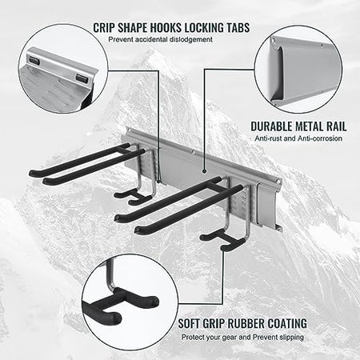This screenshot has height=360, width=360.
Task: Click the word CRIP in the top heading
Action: coord(104,28)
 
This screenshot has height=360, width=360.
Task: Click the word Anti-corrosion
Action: coord(320,138)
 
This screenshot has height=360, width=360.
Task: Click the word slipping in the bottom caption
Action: coord(292,338)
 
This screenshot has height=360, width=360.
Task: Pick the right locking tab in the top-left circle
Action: coord(82,78)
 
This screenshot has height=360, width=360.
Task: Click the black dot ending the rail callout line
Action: coord(204,171)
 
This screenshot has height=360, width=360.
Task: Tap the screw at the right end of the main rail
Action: coord(278,182)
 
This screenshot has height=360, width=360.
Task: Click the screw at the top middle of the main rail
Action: coord(194,152)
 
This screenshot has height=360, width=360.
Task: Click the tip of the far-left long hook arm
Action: coord(33,174)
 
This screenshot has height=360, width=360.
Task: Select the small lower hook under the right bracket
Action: coord(223,240)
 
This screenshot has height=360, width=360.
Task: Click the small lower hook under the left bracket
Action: coord(134,197)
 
